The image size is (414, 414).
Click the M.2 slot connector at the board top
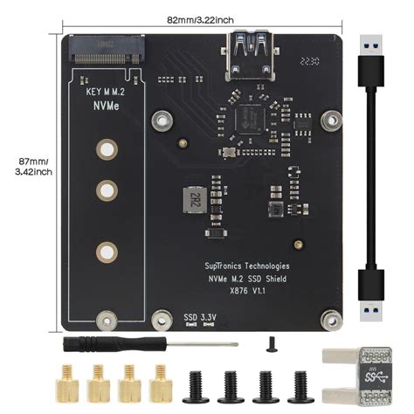(x=105, y=47)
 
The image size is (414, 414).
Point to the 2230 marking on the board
(x=308, y=63)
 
